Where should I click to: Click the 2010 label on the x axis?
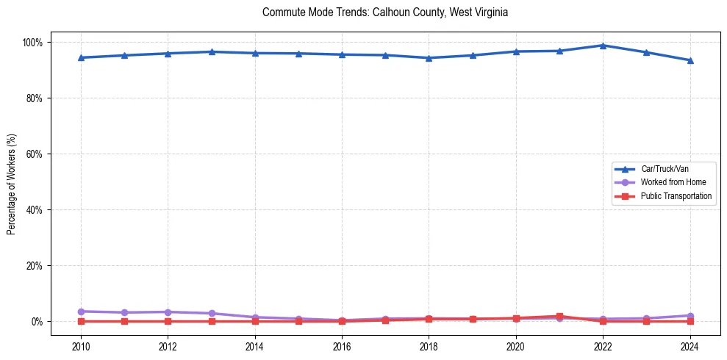point(81,347)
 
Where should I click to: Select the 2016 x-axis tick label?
point(342,347)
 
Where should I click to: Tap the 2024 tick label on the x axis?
point(690,347)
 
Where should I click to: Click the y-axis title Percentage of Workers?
point(12,181)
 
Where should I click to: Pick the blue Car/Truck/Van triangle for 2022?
point(603,46)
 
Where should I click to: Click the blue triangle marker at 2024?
point(690,60)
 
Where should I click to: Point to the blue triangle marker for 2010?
point(81,57)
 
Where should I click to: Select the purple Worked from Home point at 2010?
point(81,312)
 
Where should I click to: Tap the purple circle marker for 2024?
point(690,315)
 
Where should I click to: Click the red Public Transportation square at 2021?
point(559,316)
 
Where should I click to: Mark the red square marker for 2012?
point(168,321)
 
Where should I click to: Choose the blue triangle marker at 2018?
point(429,58)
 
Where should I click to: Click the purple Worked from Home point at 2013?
point(212,313)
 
